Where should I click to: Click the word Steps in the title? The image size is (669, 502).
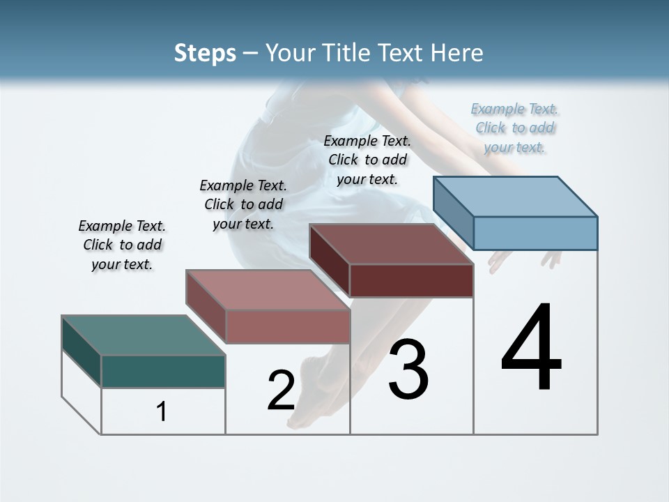point(205,53)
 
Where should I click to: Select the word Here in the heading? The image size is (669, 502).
point(457,53)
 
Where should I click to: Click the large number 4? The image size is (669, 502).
point(532,349)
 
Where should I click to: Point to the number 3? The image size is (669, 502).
point(408,370)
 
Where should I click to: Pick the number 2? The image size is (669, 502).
point(281,390)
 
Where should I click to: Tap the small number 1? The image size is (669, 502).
point(162,411)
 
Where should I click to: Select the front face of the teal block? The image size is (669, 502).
point(163,371)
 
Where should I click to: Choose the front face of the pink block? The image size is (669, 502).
point(288,326)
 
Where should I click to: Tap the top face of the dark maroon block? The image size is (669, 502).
point(391,244)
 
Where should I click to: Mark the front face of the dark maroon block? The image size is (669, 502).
point(411,280)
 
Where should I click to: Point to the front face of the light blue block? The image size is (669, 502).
point(535,233)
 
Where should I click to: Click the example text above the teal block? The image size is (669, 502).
point(122,245)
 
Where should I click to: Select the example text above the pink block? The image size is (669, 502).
point(243,204)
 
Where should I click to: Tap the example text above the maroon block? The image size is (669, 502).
point(367,160)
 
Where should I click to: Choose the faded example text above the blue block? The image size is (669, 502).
point(515,128)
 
